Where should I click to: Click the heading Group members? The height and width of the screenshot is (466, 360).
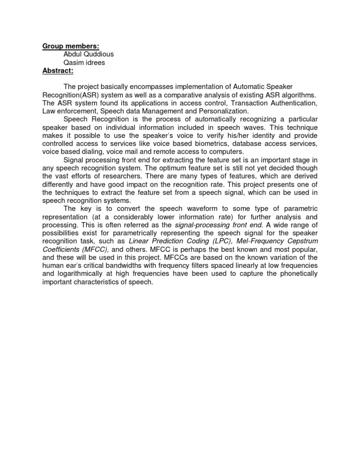coord(70,46)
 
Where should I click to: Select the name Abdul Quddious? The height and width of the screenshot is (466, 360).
coord(89,54)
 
